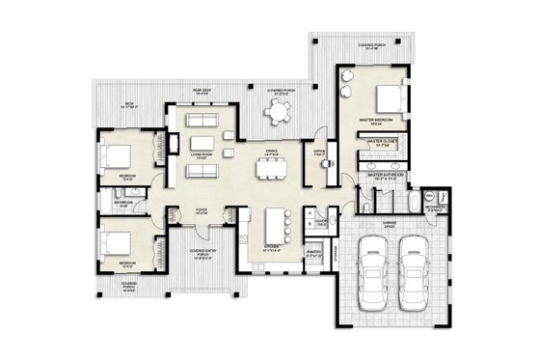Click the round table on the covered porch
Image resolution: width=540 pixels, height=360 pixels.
pos(278,113)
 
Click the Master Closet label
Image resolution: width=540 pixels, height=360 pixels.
pos(383,142)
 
